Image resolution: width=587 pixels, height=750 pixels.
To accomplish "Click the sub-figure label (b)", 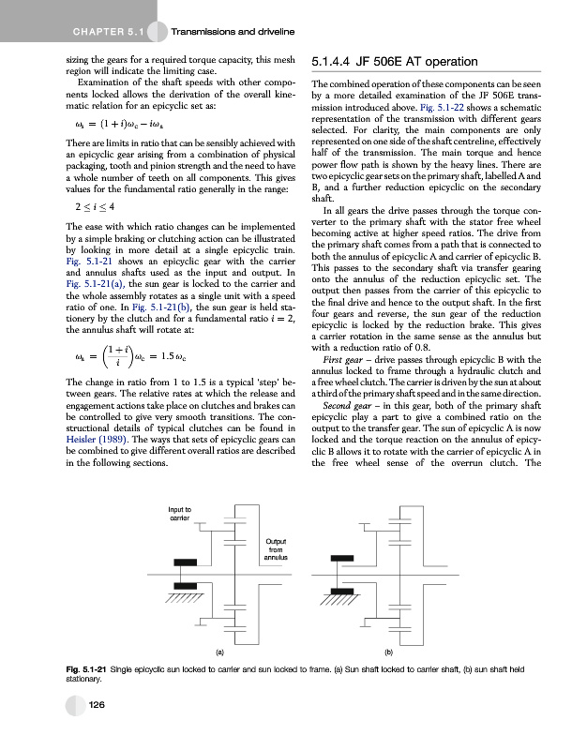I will click(x=387, y=649).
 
